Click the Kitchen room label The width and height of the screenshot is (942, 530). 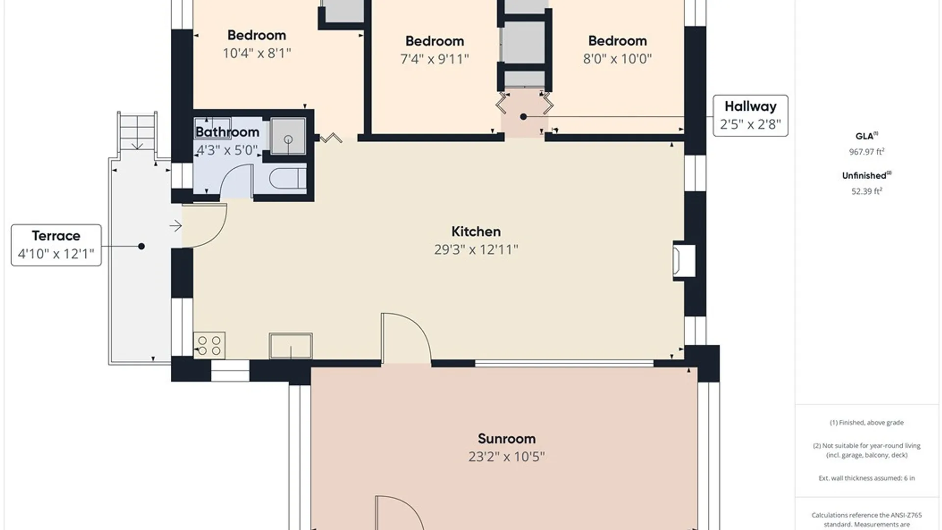(x=476, y=232)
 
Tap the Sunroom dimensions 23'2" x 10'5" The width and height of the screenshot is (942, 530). (x=506, y=457)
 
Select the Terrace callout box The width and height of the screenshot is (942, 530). (x=56, y=245)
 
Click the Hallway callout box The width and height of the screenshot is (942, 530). (x=750, y=116)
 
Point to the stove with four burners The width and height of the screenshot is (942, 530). (x=209, y=344)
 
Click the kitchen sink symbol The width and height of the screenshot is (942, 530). (x=290, y=346)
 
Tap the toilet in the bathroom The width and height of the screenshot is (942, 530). (x=288, y=179)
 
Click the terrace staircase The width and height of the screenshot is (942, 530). (x=137, y=131)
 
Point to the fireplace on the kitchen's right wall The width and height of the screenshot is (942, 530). (x=684, y=260)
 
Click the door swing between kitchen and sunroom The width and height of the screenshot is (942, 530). (x=406, y=339)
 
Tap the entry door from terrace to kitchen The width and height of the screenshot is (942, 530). (x=204, y=225)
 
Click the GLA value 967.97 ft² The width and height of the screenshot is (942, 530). (x=866, y=152)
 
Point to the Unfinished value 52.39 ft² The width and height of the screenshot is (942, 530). (x=866, y=191)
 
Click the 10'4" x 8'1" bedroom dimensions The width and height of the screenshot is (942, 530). (x=257, y=53)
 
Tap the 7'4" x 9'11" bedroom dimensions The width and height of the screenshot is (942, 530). (x=435, y=59)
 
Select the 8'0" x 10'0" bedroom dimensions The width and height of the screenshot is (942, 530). (x=617, y=59)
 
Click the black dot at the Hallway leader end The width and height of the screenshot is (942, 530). (x=523, y=117)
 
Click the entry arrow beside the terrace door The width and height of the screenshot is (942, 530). (x=176, y=226)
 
